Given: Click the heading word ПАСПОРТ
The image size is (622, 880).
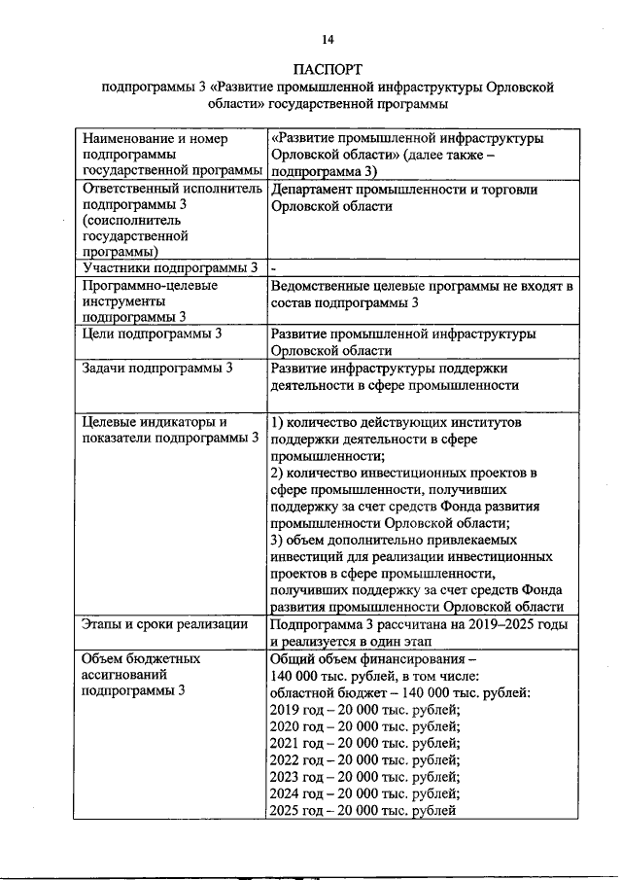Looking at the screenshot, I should [x=328, y=70].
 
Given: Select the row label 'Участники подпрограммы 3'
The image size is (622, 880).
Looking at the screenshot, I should [x=171, y=267].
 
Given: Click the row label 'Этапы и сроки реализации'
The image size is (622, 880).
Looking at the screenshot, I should [x=165, y=624].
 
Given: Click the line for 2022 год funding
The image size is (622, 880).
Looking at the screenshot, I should [x=363, y=760].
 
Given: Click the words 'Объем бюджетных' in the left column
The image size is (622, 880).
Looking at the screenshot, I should [x=142, y=658].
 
